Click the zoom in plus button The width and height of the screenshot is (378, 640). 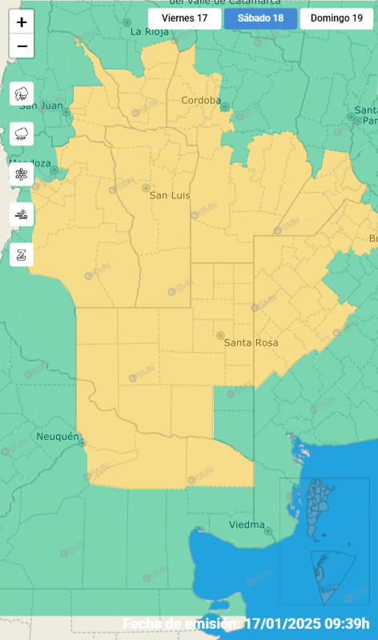coord(22,22)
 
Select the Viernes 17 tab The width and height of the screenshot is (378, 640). coord(184,19)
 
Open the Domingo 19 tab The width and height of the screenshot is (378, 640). coord(337,19)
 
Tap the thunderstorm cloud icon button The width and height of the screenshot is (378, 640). coord(22,94)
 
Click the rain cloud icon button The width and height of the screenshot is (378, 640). coord(22,134)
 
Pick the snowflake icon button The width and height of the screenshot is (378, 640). coord(22,174)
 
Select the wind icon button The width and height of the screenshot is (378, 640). coord(22,214)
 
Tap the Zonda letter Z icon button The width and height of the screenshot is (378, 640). coord(22,255)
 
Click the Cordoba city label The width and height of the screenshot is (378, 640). coord(201,101)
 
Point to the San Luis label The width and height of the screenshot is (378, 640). coord(170,194)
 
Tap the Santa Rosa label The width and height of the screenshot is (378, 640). coord(251,342)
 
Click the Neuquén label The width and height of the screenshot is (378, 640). coord(58,437)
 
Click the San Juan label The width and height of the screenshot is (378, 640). coord(40,106)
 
